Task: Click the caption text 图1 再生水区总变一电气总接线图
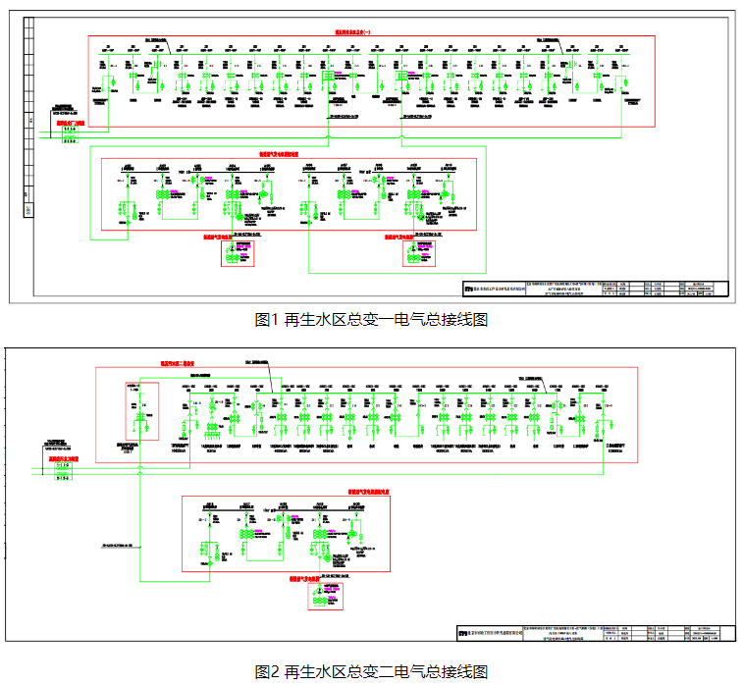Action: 371,319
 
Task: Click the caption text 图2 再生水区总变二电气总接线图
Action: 371,671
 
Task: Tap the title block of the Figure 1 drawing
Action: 595,289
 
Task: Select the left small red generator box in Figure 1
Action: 237,252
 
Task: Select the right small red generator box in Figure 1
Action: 420,252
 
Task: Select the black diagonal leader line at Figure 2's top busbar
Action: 273,378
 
